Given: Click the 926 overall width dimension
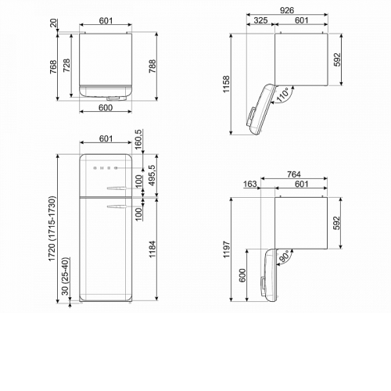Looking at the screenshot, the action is click(x=287, y=10).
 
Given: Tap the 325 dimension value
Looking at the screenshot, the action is click(x=260, y=20).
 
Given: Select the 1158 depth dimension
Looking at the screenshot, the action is click(x=226, y=84).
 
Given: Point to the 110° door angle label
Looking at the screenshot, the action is click(x=282, y=95).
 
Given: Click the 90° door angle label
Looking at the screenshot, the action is click(x=284, y=256).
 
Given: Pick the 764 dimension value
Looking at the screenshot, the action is click(x=294, y=174).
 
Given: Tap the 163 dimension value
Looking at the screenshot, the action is click(x=250, y=184).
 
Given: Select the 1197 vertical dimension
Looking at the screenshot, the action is click(x=227, y=249).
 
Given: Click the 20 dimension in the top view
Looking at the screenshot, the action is click(x=53, y=23).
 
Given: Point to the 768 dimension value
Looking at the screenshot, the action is click(x=53, y=66).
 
